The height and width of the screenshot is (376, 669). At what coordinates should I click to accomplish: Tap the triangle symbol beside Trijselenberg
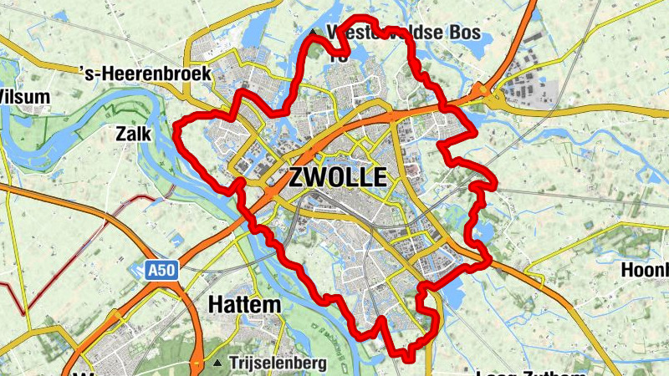pos(218,363)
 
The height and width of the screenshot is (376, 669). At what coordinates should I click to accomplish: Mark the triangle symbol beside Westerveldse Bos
pos(314,33)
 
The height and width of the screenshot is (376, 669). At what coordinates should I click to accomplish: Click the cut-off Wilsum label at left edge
pos(23,96)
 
